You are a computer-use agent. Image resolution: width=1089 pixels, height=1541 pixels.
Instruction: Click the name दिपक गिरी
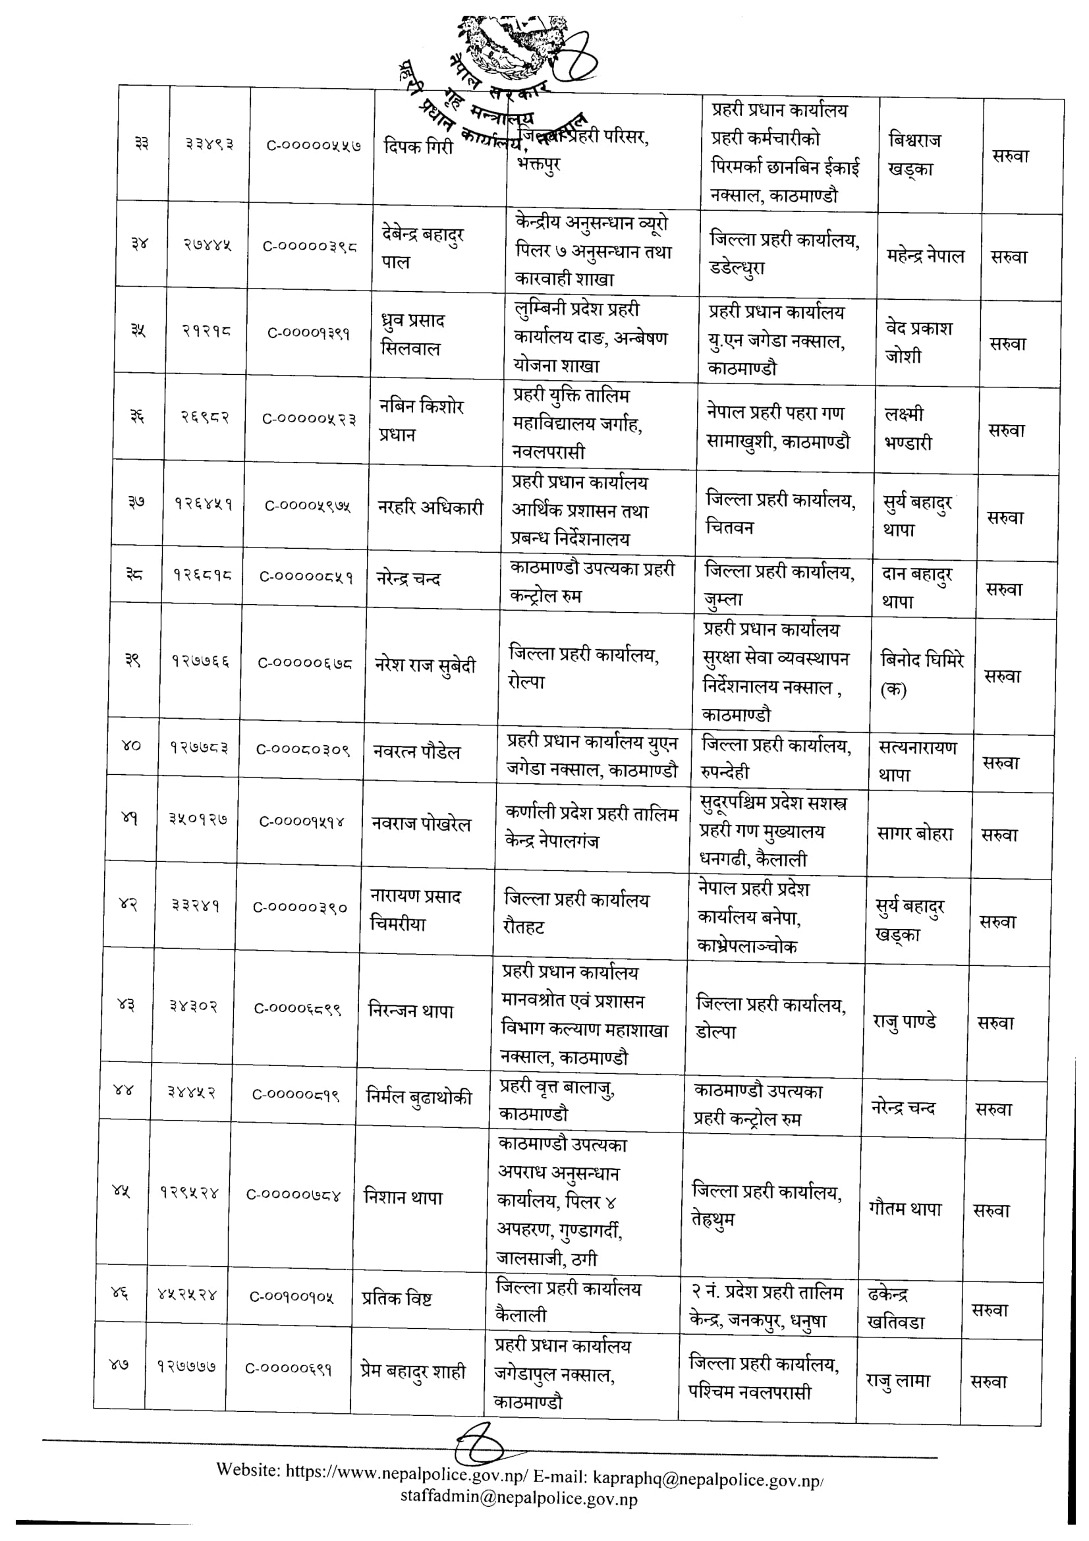418,146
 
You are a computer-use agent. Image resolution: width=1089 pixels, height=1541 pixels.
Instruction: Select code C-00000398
310,246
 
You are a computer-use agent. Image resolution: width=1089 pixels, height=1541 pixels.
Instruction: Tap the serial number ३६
137,416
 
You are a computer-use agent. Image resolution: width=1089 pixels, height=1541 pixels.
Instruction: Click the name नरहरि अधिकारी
430,508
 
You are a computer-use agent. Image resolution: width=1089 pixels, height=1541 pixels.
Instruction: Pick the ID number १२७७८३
198,748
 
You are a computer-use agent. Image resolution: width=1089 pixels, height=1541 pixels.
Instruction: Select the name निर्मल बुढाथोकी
419,1097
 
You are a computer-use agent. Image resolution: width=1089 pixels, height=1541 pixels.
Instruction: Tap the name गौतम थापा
905,1209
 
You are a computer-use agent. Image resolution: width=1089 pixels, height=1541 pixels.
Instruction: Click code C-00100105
291,1297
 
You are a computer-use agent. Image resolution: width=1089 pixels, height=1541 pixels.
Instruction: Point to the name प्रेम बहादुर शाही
412,1371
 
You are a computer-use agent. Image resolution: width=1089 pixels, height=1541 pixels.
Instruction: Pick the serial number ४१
130,819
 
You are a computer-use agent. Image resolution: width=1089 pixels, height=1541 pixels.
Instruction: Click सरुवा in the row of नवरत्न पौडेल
1001,762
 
